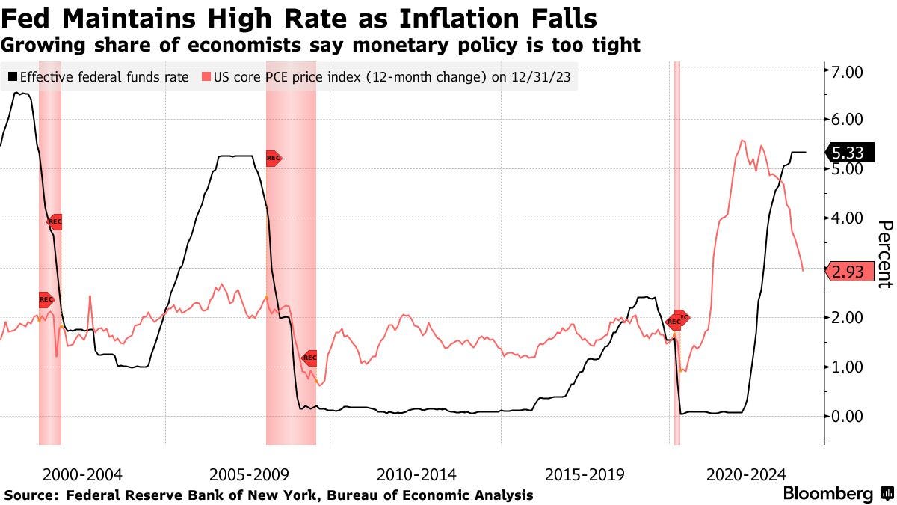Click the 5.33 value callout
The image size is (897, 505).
tap(848, 153)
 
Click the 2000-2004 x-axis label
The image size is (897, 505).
tap(82, 474)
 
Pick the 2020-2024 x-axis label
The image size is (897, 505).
tap(745, 474)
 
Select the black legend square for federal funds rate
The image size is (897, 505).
tap(13, 76)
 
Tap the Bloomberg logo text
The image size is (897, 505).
tap(827, 494)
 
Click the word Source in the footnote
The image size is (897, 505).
tap(31, 495)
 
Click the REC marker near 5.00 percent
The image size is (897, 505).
tap(274, 158)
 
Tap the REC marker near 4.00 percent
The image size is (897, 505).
tap(55, 221)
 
